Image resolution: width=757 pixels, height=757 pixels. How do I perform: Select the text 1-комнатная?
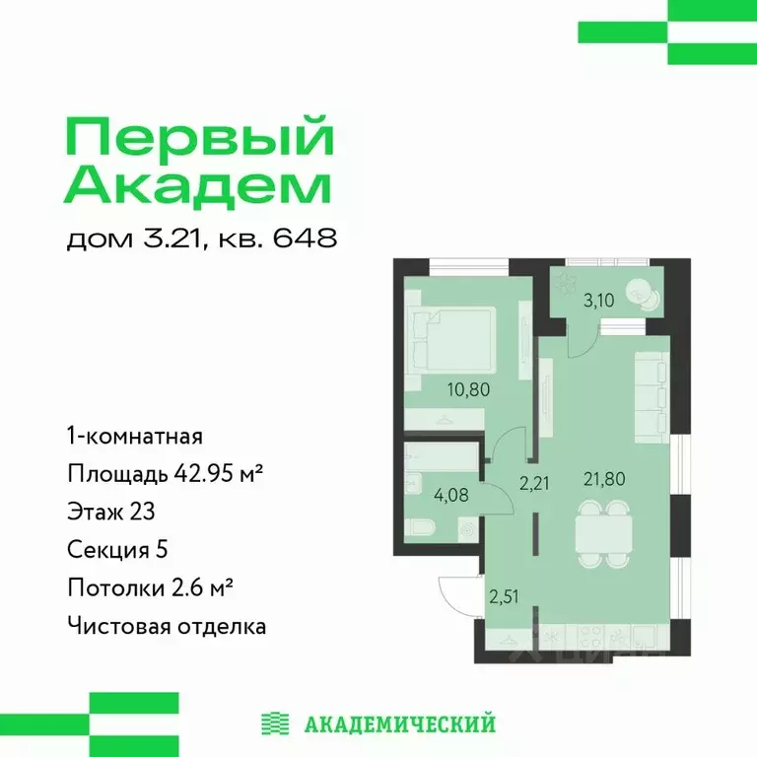point(135,435)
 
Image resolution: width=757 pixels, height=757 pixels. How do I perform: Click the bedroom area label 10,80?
point(468,389)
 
